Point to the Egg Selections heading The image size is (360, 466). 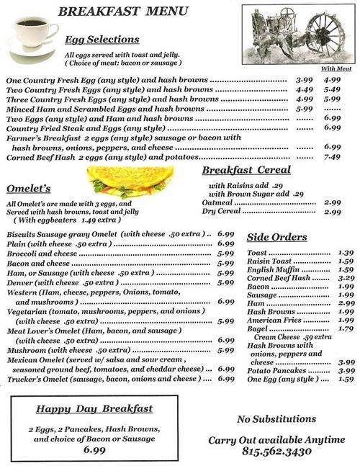tap(102, 40)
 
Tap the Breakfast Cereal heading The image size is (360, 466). tap(246, 170)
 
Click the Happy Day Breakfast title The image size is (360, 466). tap(94, 408)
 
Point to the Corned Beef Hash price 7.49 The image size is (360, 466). tap(332, 156)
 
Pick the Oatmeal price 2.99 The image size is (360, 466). tap(332, 202)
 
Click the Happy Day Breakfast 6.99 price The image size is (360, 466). tap(94, 449)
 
